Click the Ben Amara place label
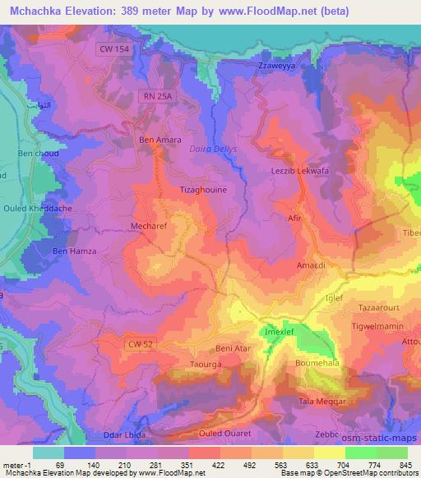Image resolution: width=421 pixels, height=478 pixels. [160, 140]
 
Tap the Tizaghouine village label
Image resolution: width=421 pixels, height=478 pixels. [203, 189]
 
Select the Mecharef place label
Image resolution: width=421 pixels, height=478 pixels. [149, 223]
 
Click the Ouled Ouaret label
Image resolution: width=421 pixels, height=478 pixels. [224, 432]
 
